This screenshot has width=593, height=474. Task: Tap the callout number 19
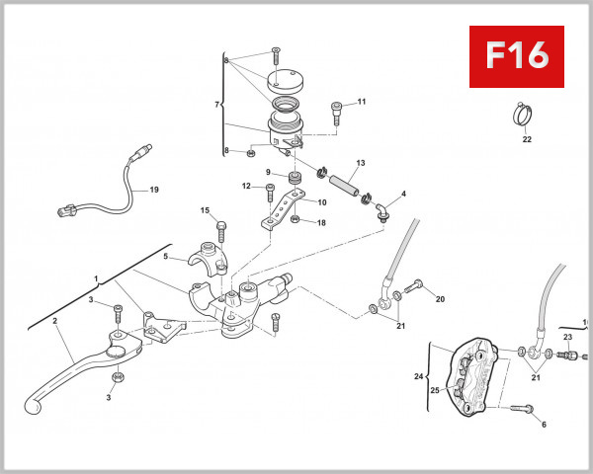153,190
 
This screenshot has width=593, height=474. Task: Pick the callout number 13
361,163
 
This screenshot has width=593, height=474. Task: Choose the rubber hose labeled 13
340,183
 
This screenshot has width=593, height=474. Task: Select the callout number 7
218,104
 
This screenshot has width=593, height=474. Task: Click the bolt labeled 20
414,286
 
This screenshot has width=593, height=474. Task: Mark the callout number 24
418,376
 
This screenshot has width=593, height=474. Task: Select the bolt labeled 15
220,229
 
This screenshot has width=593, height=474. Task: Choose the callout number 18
321,222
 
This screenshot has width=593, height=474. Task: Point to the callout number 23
568,338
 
